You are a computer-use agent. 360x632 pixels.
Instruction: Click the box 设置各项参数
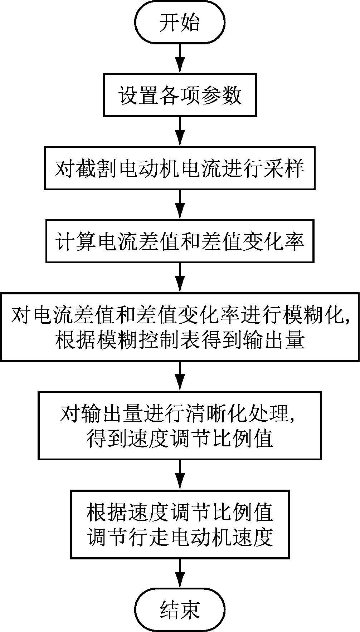point(180,95)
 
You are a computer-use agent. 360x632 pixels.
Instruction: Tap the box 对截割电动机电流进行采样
point(180,168)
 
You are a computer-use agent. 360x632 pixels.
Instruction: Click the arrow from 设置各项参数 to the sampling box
point(180,131)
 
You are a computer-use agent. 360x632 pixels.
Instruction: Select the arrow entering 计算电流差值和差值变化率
point(180,205)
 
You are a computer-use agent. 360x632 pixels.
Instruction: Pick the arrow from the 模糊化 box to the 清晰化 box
point(180,376)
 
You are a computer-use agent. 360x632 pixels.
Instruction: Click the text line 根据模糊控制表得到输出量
point(180,341)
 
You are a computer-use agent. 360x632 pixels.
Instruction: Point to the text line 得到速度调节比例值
point(180,438)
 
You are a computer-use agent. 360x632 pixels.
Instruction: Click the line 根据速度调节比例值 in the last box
point(180,512)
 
